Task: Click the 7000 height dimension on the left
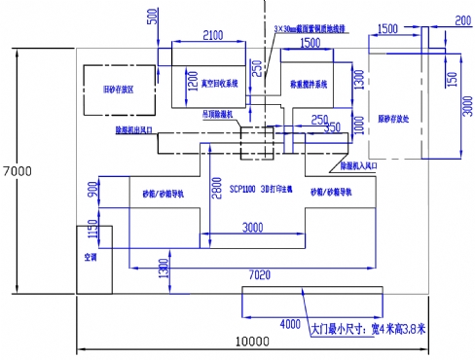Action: [18, 171]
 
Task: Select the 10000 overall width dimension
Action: [251, 341]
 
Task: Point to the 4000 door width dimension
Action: [289, 323]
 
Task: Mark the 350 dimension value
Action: [332, 126]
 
